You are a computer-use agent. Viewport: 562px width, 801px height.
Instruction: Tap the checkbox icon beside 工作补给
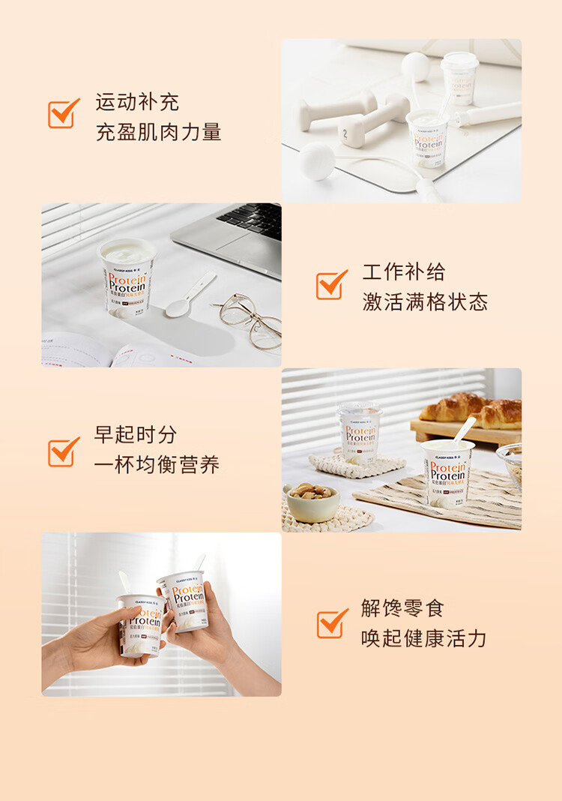[x=331, y=285]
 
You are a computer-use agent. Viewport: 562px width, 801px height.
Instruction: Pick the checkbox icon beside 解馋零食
[x=331, y=623]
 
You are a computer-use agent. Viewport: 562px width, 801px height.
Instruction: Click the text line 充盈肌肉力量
[x=158, y=132]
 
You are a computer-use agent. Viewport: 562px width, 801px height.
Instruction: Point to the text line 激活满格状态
[x=425, y=302]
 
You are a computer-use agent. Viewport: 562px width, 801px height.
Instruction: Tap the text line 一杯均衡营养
[x=157, y=465]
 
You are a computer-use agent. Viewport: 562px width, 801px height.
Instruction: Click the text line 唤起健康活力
[x=423, y=638]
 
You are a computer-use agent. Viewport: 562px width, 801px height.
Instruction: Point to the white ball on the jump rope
[x=317, y=160]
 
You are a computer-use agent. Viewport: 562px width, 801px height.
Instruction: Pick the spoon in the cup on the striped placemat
[x=462, y=431]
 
